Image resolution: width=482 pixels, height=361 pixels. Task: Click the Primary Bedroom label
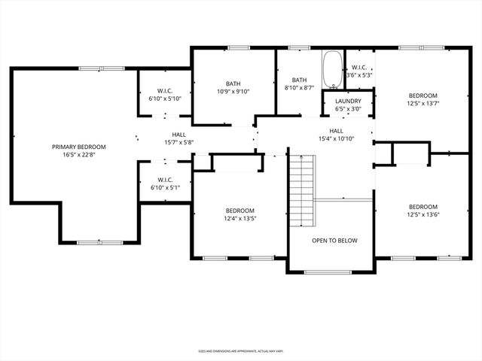click(78, 147)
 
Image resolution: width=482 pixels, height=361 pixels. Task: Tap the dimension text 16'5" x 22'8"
click(78, 156)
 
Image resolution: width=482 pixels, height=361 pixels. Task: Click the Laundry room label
click(348, 102)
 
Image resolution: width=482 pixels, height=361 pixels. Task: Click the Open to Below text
click(334, 241)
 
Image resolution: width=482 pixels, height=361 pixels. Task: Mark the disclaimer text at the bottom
click(240, 350)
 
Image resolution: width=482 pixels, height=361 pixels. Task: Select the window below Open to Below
click(331, 271)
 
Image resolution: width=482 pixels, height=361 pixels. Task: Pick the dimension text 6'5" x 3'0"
click(348, 110)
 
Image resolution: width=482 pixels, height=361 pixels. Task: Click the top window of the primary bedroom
click(90, 68)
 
